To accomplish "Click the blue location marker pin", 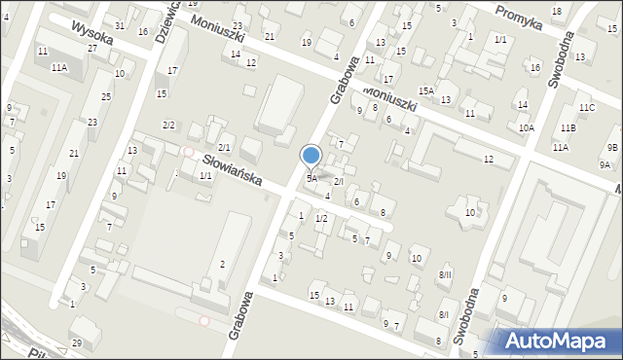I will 311,156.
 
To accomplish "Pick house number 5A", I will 311,179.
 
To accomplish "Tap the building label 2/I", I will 339,182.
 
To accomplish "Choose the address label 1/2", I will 320,218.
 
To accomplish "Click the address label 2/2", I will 168,126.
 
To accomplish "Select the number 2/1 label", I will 224,147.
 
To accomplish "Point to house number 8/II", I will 445,276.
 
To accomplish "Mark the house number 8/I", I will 444,314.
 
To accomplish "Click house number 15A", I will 426,90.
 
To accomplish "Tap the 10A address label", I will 527,127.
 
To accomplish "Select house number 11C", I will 585,107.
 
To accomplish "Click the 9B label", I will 611,147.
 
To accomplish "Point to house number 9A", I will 605,165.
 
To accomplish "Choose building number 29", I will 77,343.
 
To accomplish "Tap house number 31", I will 119,25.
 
